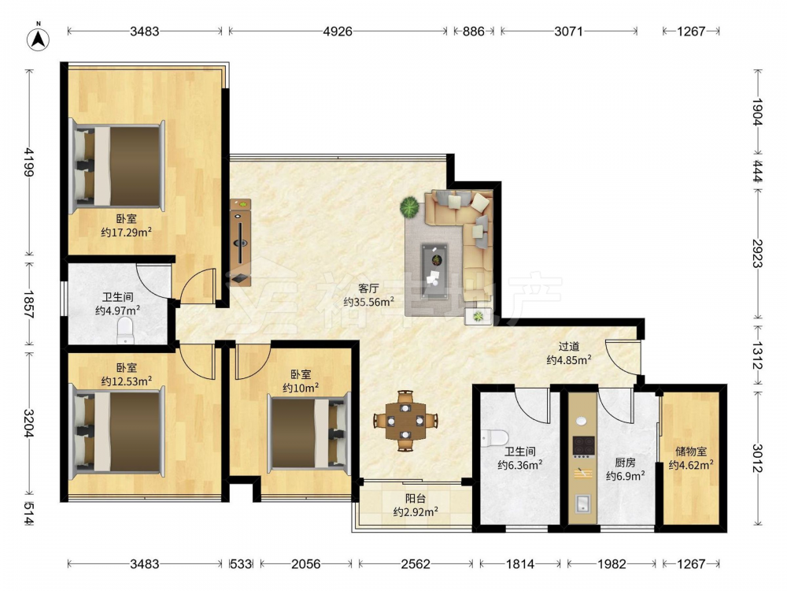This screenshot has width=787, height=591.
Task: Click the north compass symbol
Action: (39, 37)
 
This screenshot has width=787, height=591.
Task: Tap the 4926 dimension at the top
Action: (338, 32)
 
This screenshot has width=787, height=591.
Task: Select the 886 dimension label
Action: (473, 32)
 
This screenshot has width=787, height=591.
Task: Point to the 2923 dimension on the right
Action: (757, 255)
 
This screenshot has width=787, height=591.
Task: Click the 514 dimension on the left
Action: (28, 514)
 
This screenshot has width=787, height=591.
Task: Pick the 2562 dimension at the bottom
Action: (416, 564)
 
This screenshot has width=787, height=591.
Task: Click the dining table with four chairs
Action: (405, 421)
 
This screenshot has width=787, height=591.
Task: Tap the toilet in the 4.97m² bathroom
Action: (125, 330)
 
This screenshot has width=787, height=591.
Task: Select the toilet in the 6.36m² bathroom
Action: (494, 437)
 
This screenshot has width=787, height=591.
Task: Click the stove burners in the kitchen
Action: (584, 445)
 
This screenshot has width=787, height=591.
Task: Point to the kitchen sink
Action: (583, 504)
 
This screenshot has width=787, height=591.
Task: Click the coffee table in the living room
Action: (434, 271)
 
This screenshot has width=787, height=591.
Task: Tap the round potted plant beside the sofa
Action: (409, 206)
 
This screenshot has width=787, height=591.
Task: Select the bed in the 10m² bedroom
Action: (309, 432)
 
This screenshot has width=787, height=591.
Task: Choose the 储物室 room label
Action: (691, 452)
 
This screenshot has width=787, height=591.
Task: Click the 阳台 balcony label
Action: (416, 499)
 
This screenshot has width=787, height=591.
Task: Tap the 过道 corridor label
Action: (569, 346)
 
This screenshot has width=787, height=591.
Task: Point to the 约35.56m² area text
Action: (368, 302)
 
